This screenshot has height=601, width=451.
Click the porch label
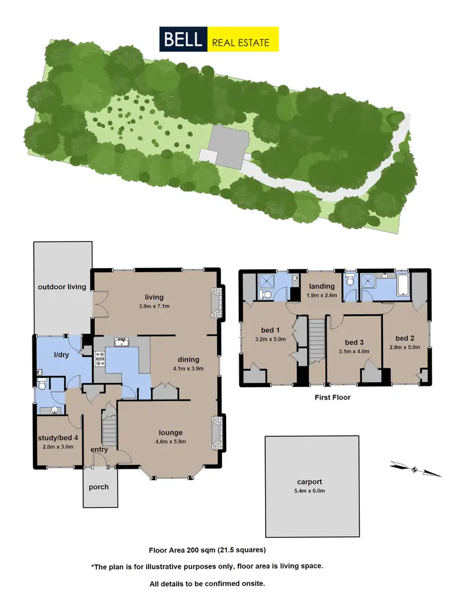99,486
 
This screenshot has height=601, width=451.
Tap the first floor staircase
317,341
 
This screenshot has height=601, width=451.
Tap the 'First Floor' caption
333,397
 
